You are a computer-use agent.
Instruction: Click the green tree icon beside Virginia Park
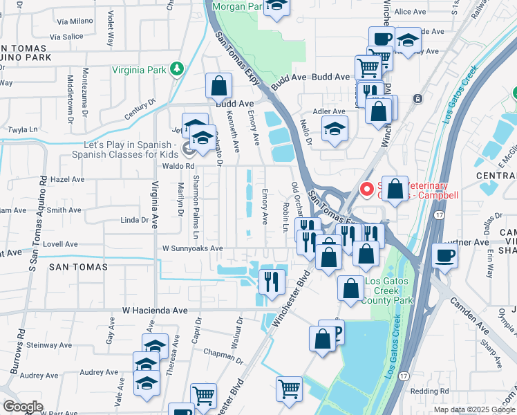[x=178, y=69]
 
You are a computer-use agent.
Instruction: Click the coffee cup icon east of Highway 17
[x=444, y=255]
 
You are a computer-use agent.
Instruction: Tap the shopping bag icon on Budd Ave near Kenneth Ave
[x=218, y=86]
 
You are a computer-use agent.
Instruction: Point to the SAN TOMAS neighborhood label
[x=77, y=266]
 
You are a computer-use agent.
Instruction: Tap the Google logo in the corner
[x=22, y=407]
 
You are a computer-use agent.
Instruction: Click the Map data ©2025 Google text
[x=474, y=409]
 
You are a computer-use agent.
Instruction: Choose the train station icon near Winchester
[x=417, y=98]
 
